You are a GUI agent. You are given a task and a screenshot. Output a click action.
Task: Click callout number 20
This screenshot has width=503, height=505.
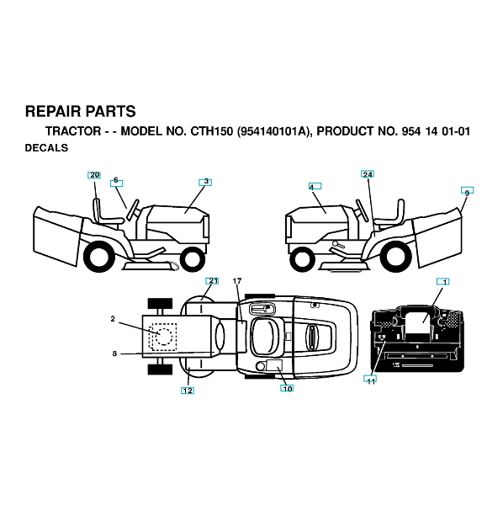coord(94,175)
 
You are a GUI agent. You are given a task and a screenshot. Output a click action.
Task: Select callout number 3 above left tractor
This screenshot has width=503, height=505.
coord(206,182)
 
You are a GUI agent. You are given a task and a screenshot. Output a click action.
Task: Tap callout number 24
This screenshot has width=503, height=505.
coord(368,174)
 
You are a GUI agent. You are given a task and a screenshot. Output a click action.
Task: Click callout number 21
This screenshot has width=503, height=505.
coord(214,281)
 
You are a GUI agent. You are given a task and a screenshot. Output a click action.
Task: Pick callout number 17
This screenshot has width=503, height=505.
coord(237,281)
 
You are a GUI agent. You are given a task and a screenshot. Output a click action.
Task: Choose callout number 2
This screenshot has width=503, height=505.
coord(113,319)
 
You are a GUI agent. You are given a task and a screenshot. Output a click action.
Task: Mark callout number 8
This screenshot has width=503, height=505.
coord(114,353)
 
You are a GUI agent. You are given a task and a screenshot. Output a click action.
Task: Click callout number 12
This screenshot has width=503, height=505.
coord(188,391)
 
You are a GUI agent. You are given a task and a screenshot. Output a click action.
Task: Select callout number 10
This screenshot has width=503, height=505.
coord(288,389)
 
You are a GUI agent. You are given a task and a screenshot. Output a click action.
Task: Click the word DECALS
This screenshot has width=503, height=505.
coord(46,148)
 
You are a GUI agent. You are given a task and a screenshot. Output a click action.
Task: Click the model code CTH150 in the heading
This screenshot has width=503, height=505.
coord(211,131)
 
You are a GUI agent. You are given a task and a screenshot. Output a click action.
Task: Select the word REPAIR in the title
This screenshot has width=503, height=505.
coord(53,111)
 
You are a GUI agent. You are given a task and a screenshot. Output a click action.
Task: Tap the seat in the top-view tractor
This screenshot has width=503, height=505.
coord(267,337)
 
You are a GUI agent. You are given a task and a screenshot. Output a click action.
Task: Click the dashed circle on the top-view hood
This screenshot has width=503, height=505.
coord(164,337)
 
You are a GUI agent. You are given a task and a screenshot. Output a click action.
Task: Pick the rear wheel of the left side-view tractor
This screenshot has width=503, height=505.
coord(98,256)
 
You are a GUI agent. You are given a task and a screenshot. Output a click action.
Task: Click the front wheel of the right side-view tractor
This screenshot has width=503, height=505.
coord(302,258)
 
